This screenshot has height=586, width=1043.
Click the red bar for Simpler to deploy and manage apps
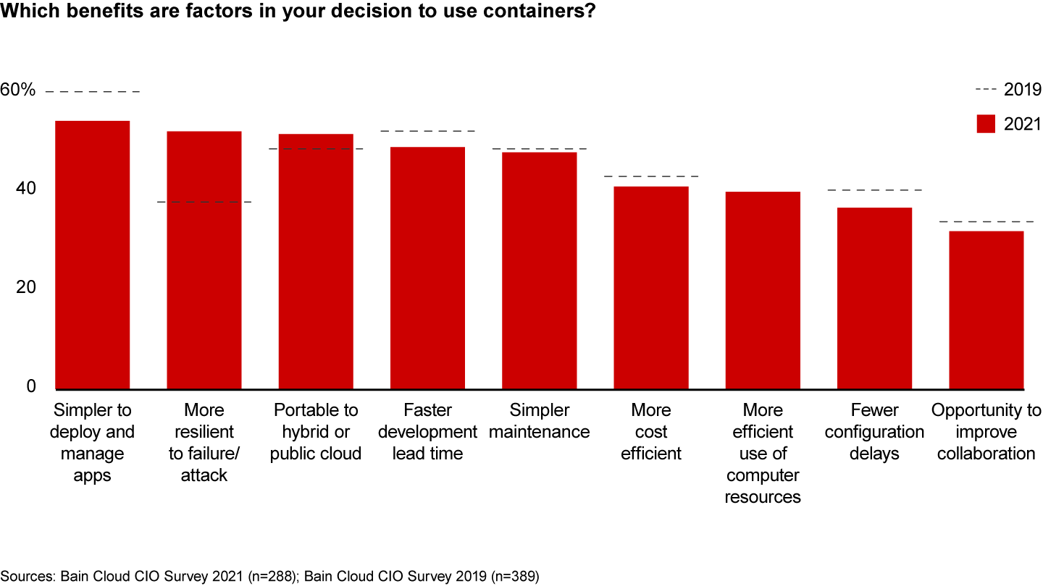click(x=93, y=255)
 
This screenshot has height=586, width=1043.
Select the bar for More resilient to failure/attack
click(x=204, y=260)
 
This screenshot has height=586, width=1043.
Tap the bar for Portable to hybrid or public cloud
click(x=316, y=261)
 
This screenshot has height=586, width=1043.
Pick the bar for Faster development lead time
click(x=427, y=268)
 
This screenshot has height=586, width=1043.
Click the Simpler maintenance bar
click(x=540, y=271)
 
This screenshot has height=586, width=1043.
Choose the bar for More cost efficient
click(x=651, y=287)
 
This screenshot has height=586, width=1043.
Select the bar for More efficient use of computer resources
click(x=763, y=290)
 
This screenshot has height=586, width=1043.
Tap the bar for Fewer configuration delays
click(x=874, y=298)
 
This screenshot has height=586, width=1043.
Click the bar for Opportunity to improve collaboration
click(x=986, y=310)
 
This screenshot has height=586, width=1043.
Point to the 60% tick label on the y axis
click(x=18, y=90)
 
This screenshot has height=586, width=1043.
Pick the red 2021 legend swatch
click(x=987, y=124)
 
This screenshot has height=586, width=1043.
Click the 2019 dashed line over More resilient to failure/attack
click(x=204, y=202)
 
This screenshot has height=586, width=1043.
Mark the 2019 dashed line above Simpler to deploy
click(x=93, y=92)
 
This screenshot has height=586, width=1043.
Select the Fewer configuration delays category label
click(x=874, y=432)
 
